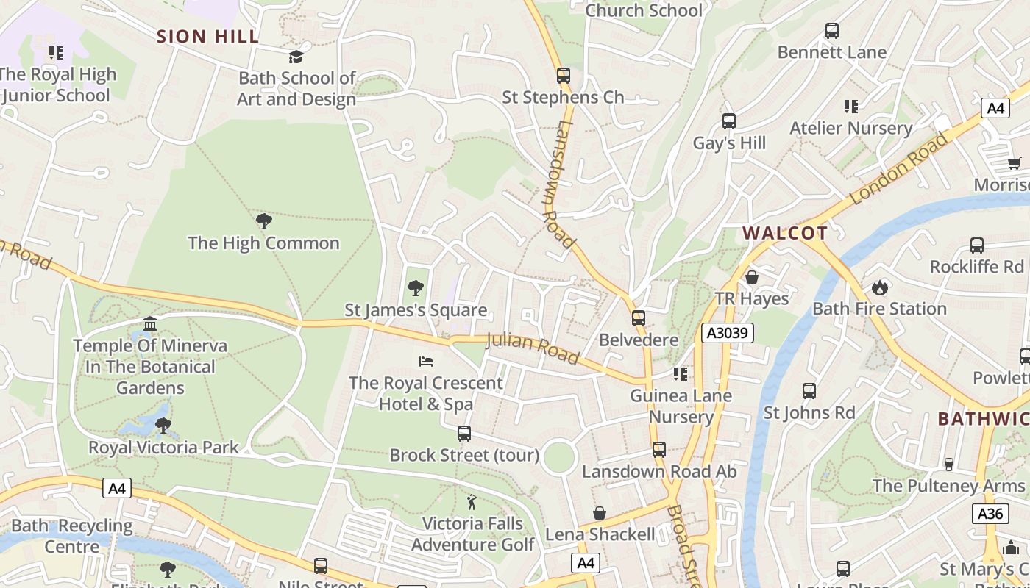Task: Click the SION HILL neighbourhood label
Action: point(207,36)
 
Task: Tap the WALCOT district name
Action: point(784,234)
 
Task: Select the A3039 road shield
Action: point(727,333)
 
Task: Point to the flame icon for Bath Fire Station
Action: point(879,287)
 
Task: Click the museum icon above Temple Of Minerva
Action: point(150,324)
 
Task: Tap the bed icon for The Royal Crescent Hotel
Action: point(426,362)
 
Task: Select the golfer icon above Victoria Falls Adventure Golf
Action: point(472,503)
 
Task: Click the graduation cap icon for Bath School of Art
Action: point(296,57)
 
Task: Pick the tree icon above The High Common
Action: point(263,221)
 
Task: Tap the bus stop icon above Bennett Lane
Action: point(831,31)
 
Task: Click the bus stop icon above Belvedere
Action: point(638,318)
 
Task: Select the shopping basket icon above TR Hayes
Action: point(751,277)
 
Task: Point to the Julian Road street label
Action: point(533,347)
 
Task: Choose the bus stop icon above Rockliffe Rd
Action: point(976,245)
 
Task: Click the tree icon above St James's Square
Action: point(415,287)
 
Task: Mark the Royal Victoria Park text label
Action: point(163,447)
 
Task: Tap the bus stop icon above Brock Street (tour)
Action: point(464,434)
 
